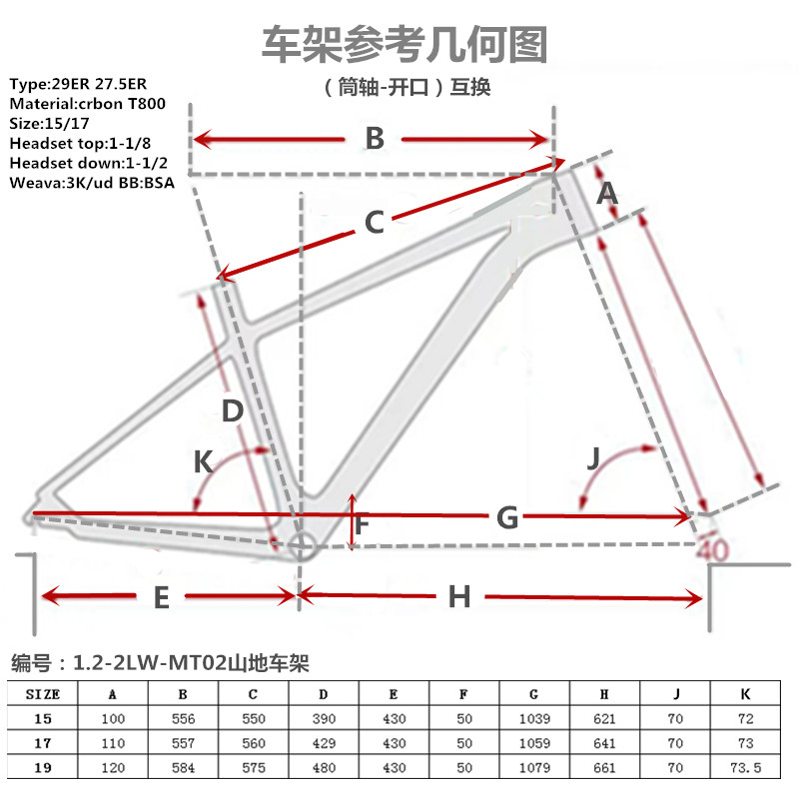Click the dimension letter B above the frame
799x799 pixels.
pos(375,139)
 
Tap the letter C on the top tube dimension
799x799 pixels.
pos(374,222)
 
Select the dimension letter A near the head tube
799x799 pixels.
pos(607,193)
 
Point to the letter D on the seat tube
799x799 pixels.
pos(232,410)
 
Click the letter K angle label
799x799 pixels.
pos(203,461)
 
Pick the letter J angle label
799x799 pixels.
pos(593,459)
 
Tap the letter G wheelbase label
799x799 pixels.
pos(507,517)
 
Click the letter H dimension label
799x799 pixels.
pos(458,597)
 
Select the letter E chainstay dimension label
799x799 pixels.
pos(161,597)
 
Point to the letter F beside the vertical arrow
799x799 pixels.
pos(362,522)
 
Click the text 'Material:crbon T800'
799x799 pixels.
pos(87,103)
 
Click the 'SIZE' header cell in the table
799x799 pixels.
pos(43,692)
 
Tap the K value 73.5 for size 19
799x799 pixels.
pos(743,769)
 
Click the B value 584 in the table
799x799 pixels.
pos(184,769)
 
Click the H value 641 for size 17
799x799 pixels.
pos(604,743)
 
